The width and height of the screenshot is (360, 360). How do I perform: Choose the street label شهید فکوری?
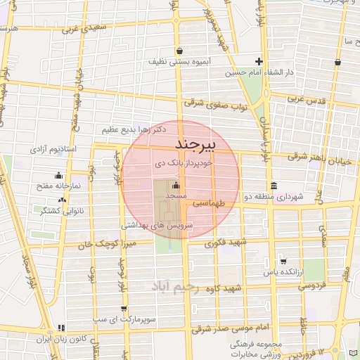pos(226,243)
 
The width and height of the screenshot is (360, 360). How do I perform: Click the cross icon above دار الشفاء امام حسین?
pos(259,61)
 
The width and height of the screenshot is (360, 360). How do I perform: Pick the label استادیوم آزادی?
pos(53,150)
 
